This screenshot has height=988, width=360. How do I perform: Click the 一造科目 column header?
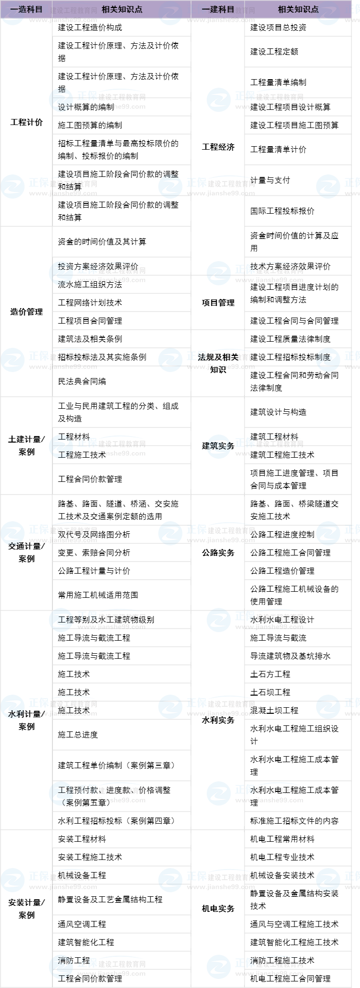coord(26,9)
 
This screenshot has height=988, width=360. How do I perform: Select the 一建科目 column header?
coord(218,9)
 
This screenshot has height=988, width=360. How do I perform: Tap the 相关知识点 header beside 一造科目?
coord(122,9)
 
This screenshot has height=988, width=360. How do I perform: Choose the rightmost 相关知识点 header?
coord(298,9)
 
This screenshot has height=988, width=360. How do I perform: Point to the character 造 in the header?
coord(22,9)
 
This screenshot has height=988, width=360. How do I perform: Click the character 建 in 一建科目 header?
coord(214,9)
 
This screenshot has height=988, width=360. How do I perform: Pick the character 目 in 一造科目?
coord(39,9)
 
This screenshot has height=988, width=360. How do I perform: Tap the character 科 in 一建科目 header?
coord(222,9)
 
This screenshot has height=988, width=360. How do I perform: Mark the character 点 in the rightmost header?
coord(315,9)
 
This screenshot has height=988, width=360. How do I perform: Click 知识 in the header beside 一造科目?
coord(122,9)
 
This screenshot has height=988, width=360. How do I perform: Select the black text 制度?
coord(323,357)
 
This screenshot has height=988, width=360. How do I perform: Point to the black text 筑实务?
coord(219,446)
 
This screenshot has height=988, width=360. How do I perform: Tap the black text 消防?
coord(65,961)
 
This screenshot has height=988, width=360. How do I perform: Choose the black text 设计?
coord(64,107)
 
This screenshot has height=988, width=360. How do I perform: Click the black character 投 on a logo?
coord(62,266)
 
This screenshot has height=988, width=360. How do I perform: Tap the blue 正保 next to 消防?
coord(87,963)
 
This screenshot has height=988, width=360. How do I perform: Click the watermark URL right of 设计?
coord(111,107)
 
